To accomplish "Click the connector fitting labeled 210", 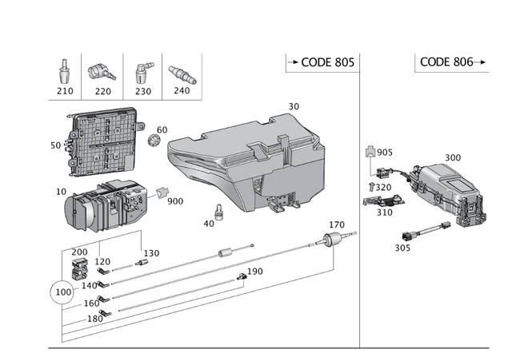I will [64, 73].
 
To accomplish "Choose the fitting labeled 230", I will [143, 72].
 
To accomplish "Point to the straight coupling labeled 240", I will [182, 74].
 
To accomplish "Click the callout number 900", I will [175, 201].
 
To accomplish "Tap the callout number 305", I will [402, 248].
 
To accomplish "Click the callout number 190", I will [254, 272].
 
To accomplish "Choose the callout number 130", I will [151, 253].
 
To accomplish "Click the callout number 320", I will [385, 188].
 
